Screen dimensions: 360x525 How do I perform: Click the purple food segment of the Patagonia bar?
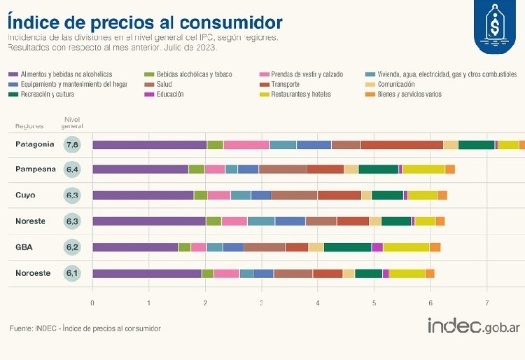point(149,145)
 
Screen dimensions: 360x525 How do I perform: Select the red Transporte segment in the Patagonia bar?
point(402,145)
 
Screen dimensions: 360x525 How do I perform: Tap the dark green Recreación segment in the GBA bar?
point(347,247)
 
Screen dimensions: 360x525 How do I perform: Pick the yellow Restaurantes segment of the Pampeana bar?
point(423,169)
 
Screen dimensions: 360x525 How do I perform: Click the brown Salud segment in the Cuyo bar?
point(294,195)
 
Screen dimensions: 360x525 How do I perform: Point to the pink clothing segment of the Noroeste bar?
point(226,273)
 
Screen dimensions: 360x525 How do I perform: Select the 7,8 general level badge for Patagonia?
point(72,145)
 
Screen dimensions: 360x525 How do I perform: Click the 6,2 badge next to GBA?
point(72,247)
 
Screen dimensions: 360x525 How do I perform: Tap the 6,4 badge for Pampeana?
point(72,169)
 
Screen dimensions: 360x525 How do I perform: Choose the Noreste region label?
point(30,221)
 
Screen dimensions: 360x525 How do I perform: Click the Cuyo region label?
point(25,195)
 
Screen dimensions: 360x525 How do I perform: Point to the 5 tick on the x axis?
point(374,303)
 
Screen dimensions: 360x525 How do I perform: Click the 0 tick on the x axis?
point(92,303)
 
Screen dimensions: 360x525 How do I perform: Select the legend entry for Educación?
point(170,94)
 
